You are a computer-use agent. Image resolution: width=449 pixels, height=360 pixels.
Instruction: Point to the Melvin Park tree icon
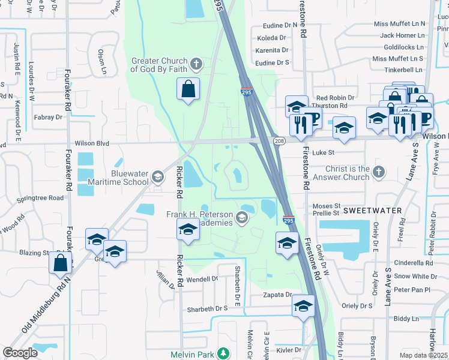(223, 354)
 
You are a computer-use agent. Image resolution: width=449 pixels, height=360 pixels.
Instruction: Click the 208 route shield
(279, 140)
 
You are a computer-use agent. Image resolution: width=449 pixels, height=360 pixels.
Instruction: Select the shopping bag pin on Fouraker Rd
(61, 262)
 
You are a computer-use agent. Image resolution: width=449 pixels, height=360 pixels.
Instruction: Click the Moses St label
(327, 206)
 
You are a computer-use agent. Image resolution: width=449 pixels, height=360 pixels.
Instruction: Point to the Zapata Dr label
(277, 295)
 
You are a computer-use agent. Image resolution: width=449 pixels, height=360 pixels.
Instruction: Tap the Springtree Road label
(40, 197)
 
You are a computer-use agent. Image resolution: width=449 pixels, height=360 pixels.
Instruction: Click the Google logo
(20, 352)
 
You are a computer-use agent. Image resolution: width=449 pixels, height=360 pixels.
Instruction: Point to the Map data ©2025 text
(423, 355)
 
